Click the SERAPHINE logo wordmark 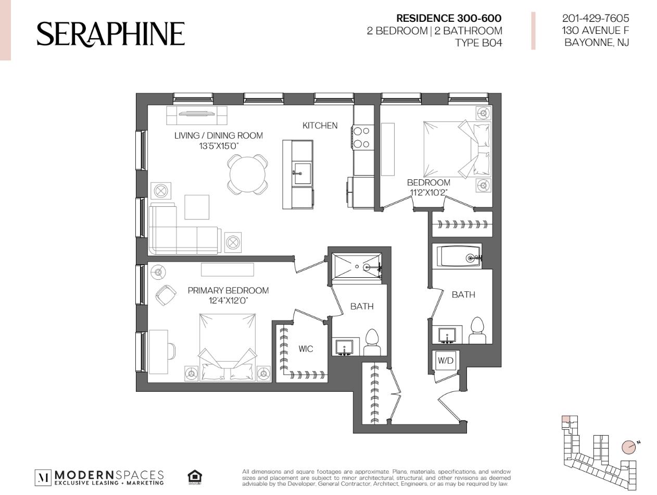[x=110, y=34]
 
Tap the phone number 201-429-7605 [x=596, y=18]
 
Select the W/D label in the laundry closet [x=446, y=360]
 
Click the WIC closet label [x=306, y=349]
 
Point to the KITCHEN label [x=320, y=126]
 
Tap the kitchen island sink [x=302, y=173]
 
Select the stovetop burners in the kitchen [x=362, y=138]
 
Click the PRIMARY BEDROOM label [x=228, y=290]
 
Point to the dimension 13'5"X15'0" [x=219, y=146]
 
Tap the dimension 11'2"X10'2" [x=428, y=192]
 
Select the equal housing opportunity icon [x=195, y=476]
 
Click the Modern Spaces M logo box [x=43, y=477]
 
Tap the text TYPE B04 [x=478, y=43]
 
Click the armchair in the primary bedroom [x=166, y=295]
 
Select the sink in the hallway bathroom [x=447, y=336]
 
